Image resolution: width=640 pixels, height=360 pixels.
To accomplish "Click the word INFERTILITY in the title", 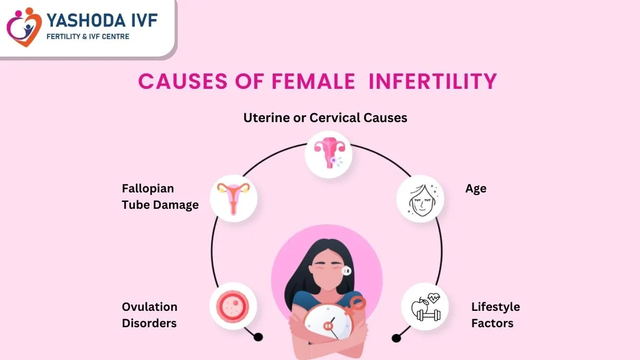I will [x=433, y=81].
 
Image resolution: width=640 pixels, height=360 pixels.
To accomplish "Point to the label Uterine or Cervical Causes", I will [x=325, y=117].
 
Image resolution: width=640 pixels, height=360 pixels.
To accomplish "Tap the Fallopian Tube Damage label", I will [x=160, y=196].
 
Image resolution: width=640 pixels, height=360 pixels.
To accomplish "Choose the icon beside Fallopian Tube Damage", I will [x=234, y=198].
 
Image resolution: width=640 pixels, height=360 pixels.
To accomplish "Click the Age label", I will [x=476, y=189].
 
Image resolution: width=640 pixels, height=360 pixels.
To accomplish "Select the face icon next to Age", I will [x=420, y=199].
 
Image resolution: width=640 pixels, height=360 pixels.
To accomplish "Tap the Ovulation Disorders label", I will [x=150, y=315].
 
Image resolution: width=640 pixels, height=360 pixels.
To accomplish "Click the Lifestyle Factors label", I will [x=495, y=315].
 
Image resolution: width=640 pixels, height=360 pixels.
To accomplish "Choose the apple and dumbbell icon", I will [x=425, y=307].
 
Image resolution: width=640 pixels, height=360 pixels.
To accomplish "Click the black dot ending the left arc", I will [x=258, y=337].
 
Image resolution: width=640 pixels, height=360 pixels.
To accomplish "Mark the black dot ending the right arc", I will [x=395, y=338].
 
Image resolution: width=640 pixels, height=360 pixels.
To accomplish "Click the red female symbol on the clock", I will [x=356, y=306].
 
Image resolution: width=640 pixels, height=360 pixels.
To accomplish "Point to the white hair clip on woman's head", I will [x=347, y=271].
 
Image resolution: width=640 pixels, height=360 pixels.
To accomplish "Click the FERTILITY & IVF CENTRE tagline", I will [x=88, y=36].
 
